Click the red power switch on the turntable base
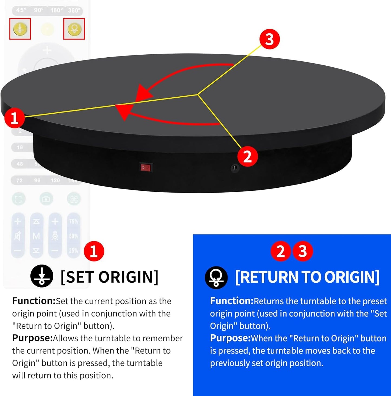tap(146, 167)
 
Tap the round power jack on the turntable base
tap(235, 168)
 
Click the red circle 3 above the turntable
tap(270, 39)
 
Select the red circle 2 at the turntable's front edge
tap(248, 157)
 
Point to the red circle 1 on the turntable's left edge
tap(14, 118)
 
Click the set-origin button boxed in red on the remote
tap(20, 29)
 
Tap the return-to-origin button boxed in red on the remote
tap(74, 29)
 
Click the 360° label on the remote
tap(74, 10)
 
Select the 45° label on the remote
tap(21, 10)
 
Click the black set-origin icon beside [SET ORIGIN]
tap(42, 276)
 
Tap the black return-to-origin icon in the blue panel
tap(216, 277)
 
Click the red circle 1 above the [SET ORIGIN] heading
tap(94, 251)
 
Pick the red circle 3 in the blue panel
tap(303, 251)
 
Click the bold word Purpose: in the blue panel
tap(230, 338)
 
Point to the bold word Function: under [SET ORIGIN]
tap(34, 301)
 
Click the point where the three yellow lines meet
tap(198, 94)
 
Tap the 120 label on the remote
tap(55, 180)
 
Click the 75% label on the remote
tap(73, 222)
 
